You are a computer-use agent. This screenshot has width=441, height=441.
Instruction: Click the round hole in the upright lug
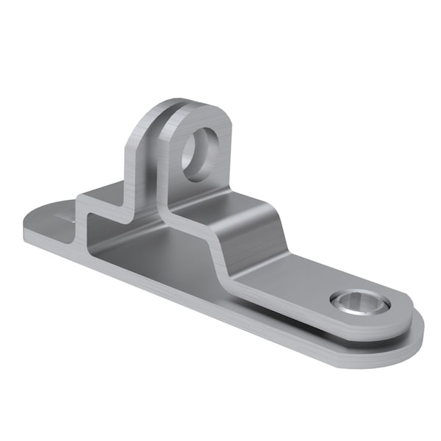201,155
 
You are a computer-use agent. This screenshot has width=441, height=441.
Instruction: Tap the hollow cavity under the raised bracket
147,250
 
